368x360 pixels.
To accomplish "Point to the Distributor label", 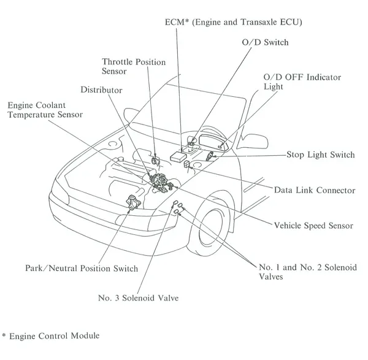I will point(101,90).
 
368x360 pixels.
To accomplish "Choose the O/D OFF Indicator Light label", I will point(302,82).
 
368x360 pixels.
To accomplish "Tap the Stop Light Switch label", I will point(320,155).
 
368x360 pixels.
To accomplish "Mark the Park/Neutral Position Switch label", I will point(81,269).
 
